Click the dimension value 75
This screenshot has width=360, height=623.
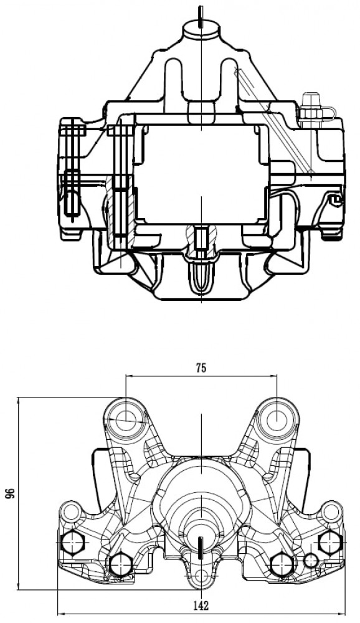point(201,368)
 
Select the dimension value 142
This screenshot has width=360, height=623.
point(201,606)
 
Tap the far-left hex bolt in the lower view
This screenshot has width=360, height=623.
point(73,543)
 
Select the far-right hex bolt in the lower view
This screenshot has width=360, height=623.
point(330,541)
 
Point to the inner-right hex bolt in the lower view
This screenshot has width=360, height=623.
point(282,563)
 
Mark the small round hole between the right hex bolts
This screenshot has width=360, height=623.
point(310,561)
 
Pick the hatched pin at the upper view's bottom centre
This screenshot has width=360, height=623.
point(201,240)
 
